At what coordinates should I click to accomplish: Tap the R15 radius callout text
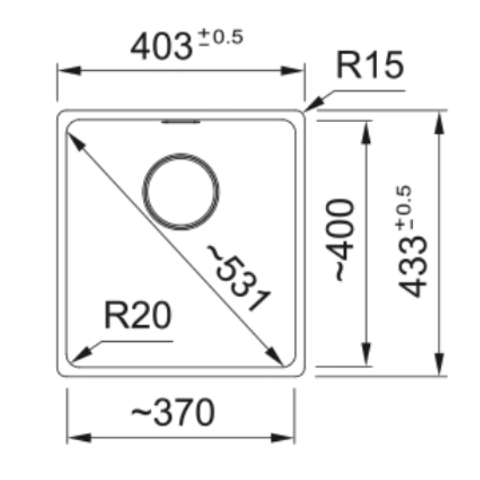(x=370, y=65)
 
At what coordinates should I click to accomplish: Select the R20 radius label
(x=138, y=315)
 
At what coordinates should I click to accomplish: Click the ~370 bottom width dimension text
(x=173, y=412)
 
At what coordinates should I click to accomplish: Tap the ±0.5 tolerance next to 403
(x=220, y=37)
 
